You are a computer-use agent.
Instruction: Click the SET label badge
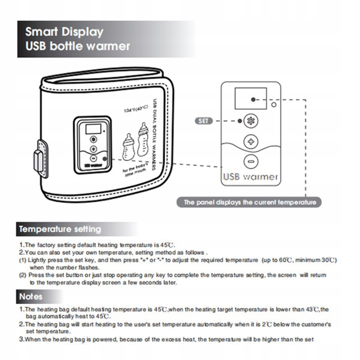[203, 121]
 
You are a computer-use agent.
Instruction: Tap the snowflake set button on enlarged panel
[250, 121]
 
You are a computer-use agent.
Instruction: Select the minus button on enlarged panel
[250, 161]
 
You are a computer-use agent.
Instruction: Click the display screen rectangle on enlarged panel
[250, 98]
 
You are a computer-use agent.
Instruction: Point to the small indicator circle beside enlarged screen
[273, 104]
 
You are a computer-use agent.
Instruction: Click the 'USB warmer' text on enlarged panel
[250, 176]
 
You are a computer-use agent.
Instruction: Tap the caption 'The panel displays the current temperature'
[249, 202]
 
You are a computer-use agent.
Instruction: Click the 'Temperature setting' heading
[60, 229]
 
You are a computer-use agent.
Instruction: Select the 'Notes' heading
[31, 296]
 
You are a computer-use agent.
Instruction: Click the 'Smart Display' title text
[64, 31]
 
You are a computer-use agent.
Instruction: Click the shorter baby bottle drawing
[128, 146]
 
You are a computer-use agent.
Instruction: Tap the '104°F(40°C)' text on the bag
[136, 109]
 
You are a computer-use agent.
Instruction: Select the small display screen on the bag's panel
[93, 129]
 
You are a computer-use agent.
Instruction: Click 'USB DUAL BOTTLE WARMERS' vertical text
[154, 134]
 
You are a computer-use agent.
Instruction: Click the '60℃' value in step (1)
[285, 260]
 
